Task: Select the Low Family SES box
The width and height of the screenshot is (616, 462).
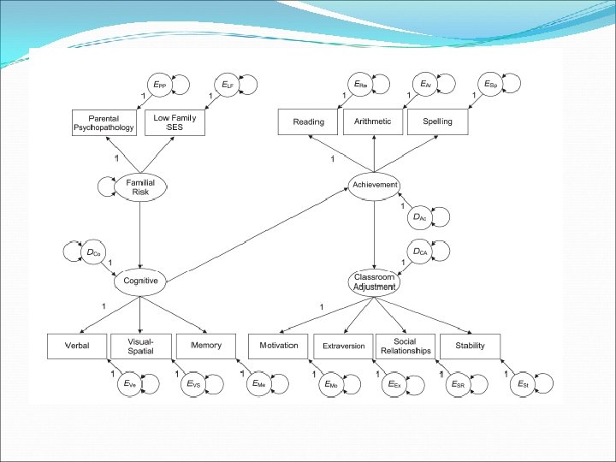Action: [x=175, y=122]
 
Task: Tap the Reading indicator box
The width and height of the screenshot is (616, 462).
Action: [x=308, y=122]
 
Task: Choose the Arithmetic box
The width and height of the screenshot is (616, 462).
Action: [x=372, y=122]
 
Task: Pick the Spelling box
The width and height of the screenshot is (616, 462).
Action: [x=436, y=122]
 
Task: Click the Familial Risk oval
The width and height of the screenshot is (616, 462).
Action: [x=139, y=187]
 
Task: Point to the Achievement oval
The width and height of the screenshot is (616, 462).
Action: [x=374, y=185]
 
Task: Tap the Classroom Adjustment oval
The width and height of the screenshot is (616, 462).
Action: [x=374, y=282]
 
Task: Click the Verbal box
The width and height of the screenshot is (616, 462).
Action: [x=78, y=346]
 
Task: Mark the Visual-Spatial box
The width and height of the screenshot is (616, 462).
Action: [x=143, y=346]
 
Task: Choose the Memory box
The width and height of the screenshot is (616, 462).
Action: [x=205, y=346]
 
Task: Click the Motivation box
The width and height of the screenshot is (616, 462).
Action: [x=278, y=346]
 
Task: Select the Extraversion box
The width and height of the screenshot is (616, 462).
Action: [x=343, y=346]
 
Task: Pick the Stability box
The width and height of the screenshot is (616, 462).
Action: [x=470, y=346]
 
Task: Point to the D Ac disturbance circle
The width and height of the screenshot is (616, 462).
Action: [x=419, y=217]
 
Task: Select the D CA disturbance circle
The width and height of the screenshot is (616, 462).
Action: [x=419, y=252]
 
